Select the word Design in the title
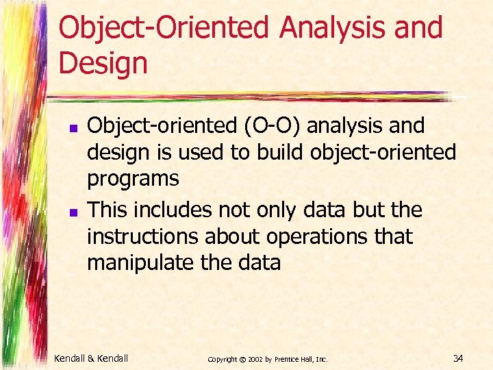click(103, 63)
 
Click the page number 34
click(458, 358)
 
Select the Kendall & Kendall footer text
click(91, 358)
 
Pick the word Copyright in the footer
click(222, 358)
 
